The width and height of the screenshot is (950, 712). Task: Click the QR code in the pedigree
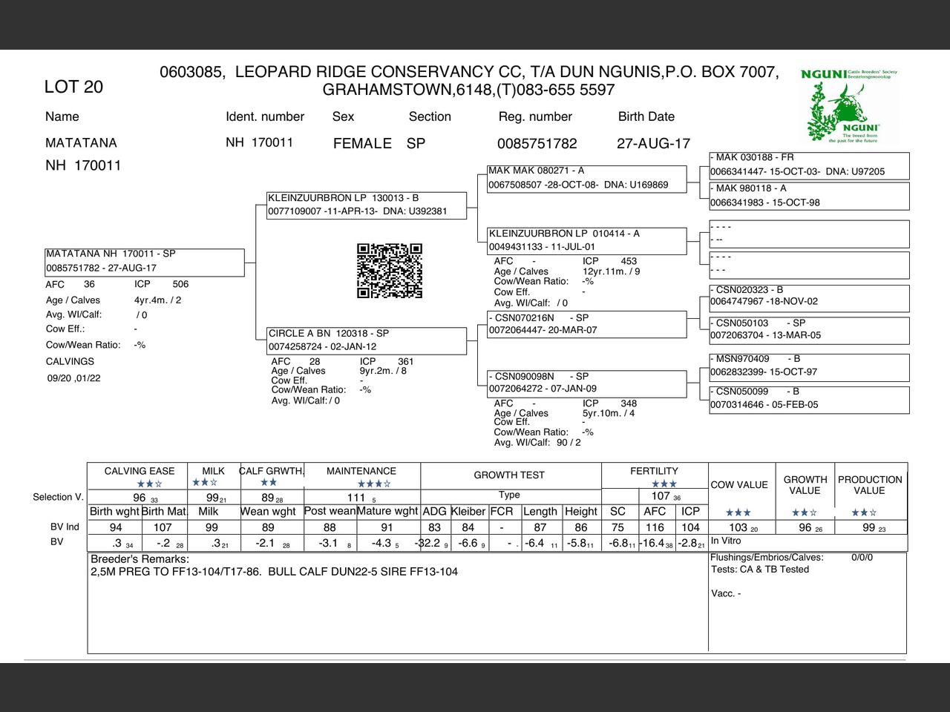point(390,271)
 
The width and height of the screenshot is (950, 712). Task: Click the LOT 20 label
point(73,87)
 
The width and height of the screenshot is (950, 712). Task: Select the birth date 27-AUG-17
point(653,143)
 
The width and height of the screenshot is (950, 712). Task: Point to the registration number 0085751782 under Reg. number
point(537,143)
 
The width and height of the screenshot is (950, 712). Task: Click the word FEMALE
point(362,143)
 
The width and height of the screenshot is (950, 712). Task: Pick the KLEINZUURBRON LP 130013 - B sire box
point(367,205)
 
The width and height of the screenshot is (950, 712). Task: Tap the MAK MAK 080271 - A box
point(586,178)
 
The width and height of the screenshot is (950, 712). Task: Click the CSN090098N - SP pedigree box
point(586,383)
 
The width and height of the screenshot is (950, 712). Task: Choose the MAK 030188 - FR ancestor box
point(809,165)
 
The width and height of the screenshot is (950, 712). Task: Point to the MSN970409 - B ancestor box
point(809,366)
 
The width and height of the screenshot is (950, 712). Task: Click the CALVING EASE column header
point(140,471)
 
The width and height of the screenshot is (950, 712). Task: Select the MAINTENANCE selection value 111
point(357,498)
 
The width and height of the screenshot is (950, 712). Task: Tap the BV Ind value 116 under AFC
point(655,527)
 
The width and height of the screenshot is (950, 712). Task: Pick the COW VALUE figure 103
point(738,527)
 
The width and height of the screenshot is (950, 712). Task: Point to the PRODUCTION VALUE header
point(870,485)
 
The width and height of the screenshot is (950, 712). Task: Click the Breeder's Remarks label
point(140,558)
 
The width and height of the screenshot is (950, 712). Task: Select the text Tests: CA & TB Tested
point(760,570)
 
